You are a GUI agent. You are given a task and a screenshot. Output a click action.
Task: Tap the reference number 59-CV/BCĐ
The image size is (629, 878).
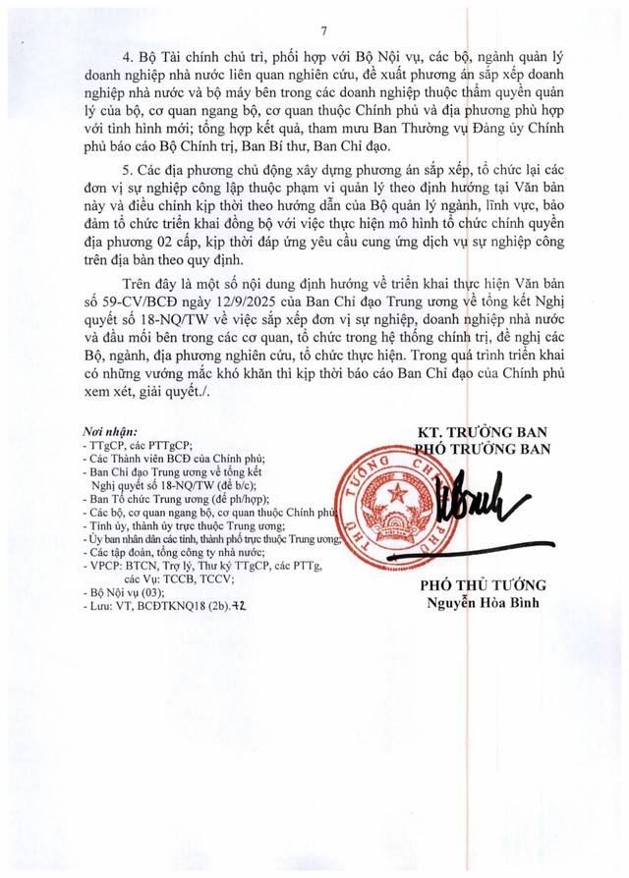[140, 296]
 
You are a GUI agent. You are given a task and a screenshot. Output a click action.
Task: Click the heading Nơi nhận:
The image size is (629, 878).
[109, 431]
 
